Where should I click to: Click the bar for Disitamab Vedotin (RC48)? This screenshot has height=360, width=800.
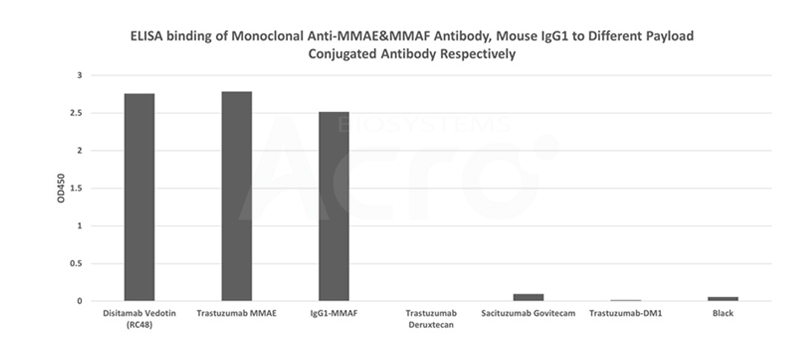click(x=139, y=197)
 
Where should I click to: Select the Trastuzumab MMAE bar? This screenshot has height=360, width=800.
click(x=237, y=196)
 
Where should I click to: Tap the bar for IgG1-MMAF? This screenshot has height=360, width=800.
click(x=334, y=206)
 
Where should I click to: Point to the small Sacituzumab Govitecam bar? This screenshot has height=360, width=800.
click(x=529, y=297)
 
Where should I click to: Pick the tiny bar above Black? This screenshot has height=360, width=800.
click(x=723, y=299)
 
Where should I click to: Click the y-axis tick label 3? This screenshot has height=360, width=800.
click(x=80, y=75)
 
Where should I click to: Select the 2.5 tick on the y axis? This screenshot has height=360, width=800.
click(x=76, y=113)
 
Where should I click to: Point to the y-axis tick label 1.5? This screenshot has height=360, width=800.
click(x=76, y=188)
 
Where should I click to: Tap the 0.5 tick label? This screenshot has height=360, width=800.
click(x=76, y=264)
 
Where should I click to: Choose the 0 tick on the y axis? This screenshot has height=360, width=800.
click(x=80, y=301)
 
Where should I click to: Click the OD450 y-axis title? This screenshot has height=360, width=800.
click(x=61, y=188)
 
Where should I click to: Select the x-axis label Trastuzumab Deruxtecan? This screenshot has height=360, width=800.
click(x=431, y=319)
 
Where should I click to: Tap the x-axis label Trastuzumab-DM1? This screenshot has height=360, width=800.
click(x=626, y=313)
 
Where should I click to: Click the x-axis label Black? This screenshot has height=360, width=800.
click(x=723, y=313)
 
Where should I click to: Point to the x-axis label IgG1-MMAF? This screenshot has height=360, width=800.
click(x=334, y=313)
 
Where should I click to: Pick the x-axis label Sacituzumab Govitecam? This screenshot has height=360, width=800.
click(x=528, y=313)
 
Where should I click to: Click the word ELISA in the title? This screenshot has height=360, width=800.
click(x=146, y=36)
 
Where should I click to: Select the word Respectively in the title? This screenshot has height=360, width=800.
click(x=478, y=54)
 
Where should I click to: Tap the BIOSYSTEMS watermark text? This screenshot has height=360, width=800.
click(x=424, y=125)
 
